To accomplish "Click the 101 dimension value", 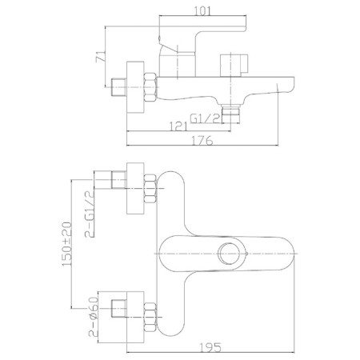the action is click(x=202, y=11).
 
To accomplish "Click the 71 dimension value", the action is click(x=101, y=57).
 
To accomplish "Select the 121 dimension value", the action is click(x=178, y=126).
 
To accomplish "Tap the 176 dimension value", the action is click(x=202, y=140).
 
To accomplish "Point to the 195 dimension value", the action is click(x=210, y=347).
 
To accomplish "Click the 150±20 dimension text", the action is click(x=66, y=244).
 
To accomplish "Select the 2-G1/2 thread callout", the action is click(x=90, y=214).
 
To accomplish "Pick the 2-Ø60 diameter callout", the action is click(x=94, y=317).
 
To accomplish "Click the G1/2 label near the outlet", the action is click(x=206, y=118).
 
